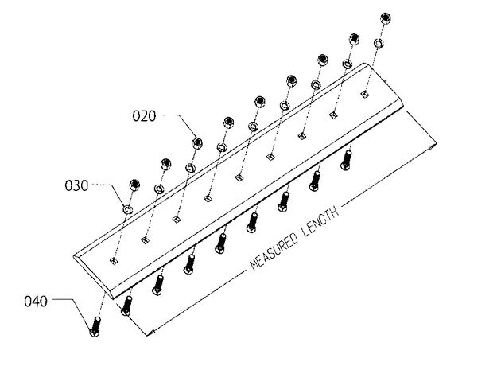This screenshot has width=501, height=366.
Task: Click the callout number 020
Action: tap(144, 115)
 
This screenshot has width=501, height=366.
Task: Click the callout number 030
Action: tap(76, 185)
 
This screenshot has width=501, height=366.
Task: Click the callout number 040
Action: tap(36, 302)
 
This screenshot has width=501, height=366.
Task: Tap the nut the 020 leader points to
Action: tap(197, 143)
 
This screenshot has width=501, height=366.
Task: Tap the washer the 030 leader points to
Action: tap(128, 209)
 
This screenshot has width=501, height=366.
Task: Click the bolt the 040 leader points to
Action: tap(95, 327)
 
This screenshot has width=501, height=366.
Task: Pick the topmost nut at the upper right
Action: tap(386, 18)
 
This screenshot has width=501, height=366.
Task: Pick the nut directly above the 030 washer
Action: tap(135, 185)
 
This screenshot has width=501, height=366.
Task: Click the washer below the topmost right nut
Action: tap(379, 43)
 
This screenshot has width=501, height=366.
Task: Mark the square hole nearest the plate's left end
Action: tap(114, 261)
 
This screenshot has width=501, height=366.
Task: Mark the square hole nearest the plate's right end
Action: tap(364, 94)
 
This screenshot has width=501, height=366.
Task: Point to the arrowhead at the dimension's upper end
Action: tap(432, 147)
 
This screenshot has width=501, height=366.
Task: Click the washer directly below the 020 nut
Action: tap(191, 168)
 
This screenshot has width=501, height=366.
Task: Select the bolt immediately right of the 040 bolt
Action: tap(126, 306)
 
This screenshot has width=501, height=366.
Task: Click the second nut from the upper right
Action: tap(354, 39)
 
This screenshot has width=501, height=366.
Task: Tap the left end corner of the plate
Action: tap(74, 255)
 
